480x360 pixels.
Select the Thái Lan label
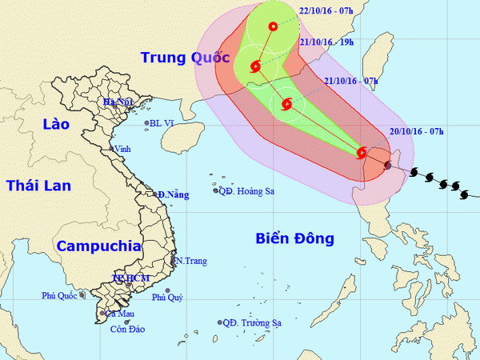[x=38, y=186]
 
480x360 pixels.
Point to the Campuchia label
[x=98, y=246]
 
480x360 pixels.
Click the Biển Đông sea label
[x=295, y=238]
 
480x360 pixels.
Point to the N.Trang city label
[x=191, y=261]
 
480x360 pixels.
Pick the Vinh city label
[x=122, y=149]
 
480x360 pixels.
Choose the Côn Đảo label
[x=115, y=329]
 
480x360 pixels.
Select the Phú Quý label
[x=167, y=298]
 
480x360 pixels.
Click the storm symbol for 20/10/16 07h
[x=362, y=152]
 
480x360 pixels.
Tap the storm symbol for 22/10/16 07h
[x=273, y=26]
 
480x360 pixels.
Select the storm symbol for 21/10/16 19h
[x=256, y=66]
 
